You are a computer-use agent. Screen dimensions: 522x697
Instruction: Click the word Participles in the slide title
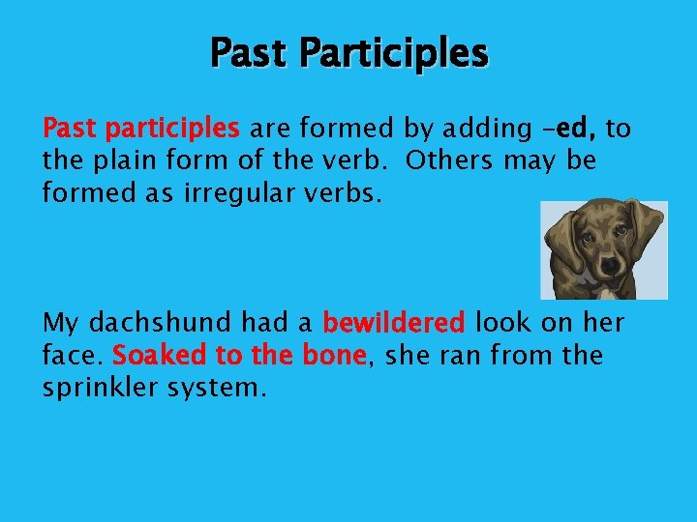[x=392, y=53]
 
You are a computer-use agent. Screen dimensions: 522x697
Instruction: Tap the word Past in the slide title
[x=248, y=53]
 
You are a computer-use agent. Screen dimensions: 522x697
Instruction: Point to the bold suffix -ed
[x=576, y=128]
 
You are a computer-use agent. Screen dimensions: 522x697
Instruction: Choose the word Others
[x=449, y=160]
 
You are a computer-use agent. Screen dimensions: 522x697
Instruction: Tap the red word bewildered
[x=394, y=322]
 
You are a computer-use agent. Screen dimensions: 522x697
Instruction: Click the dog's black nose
[x=611, y=264]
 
